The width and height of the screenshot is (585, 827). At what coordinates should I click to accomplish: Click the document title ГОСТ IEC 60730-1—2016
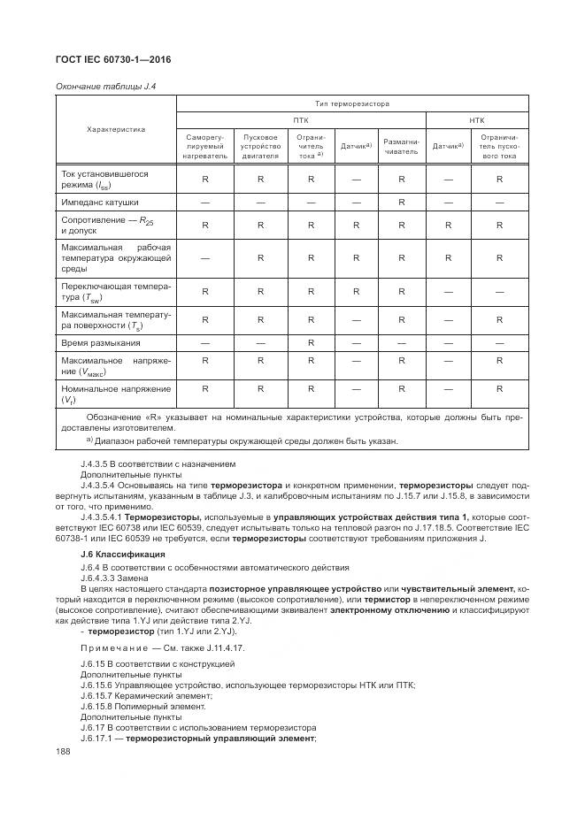[x=113, y=59]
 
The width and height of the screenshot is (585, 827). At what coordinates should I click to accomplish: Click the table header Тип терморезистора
[x=352, y=103]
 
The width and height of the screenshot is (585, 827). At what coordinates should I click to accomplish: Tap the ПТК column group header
[x=301, y=120]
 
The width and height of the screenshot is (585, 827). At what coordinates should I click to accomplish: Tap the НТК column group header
[x=476, y=120]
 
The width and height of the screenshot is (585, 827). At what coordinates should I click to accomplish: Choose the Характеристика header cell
[x=116, y=129]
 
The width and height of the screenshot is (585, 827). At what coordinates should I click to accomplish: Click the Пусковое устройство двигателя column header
[x=260, y=147]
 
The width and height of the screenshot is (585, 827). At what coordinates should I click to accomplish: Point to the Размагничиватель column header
[x=400, y=146]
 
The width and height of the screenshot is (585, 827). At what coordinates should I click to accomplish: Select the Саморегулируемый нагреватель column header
[x=205, y=147]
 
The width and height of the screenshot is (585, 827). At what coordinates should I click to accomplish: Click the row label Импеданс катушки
[x=100, y=203]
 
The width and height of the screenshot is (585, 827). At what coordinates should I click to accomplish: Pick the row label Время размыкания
[x=101, y=342]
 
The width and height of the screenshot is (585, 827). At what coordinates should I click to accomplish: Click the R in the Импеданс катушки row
[x=400, y=203]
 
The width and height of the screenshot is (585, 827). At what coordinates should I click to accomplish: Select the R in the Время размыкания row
[x=311, y=342]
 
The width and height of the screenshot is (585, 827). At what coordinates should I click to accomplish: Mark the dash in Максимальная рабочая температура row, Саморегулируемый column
[x=205, y=258]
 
